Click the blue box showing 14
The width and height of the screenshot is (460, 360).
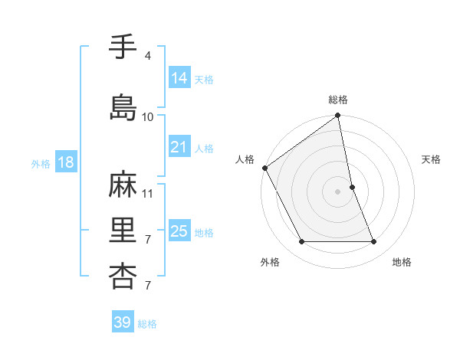[179, 77]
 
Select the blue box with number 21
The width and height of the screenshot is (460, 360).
[179, 147]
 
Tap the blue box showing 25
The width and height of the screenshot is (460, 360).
[179, 231]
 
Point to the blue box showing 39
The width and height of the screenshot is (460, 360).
[123, 322]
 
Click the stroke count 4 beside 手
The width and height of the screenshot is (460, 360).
[147, 56]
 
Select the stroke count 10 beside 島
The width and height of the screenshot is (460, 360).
[147, 117]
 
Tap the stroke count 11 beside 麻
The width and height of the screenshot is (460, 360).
[148, 194]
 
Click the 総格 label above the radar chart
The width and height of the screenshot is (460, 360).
[338, 100]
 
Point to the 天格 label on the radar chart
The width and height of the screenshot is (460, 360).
[431, 159]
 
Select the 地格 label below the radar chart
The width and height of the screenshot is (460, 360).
[402, 262]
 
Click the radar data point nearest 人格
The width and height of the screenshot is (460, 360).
[264, 168]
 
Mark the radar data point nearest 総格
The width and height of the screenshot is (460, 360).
[338, 116]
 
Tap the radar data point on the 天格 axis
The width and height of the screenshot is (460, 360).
[352, 187]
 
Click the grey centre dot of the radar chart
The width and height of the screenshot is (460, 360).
[338, 191]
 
